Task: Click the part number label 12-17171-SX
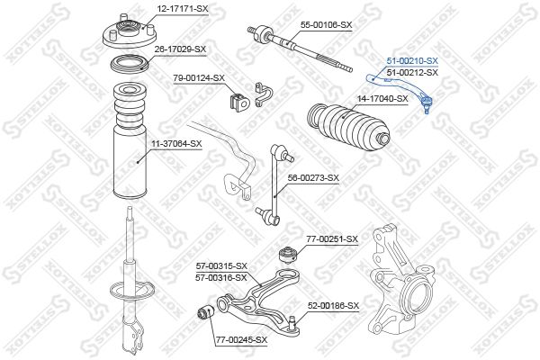point(183,9)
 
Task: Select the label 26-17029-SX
point(180,49)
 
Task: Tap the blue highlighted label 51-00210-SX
point(412,61)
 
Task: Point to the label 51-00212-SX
point(412,72)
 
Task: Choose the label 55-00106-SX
point(326,25)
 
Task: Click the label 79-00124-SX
point(199,78)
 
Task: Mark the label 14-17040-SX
point(382,99)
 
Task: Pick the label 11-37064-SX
point(176,144)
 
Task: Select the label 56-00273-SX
point(313,178)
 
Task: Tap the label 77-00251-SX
point(332,239)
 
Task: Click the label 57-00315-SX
point(221,266)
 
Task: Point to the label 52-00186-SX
point(333,306)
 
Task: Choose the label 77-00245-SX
point(242,340)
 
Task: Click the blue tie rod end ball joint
point(426,103)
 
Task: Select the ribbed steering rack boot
point(348,127)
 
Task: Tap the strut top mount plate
point(130,34)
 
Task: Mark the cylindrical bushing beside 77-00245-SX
point(205,314)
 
